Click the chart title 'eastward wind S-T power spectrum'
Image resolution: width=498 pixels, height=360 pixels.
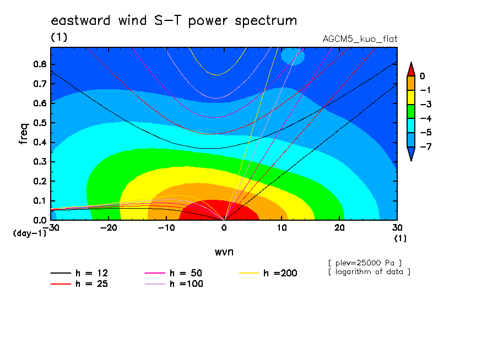(x=174, y=20)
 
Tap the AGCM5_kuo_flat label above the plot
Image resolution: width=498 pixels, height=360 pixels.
(x=360, y=39)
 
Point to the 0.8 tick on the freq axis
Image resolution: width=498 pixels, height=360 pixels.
(x=40, y=64)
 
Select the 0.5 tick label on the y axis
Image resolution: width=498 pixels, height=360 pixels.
(x=40, y=123)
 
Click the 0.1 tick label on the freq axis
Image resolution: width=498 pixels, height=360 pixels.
(x=40, y=201)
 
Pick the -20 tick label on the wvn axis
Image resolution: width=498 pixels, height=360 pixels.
(x=109, y=228)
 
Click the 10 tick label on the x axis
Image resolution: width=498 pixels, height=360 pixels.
(x=282, y=228)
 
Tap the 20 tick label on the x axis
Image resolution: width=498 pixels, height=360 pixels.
(x=339, y=228)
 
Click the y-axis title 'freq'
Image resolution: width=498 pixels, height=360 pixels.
(x=24, y=134)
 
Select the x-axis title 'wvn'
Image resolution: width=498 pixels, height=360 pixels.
(x=224, y=252)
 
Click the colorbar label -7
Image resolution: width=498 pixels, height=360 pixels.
(x=426, y=146)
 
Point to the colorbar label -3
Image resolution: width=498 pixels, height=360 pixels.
(x=426, y=105)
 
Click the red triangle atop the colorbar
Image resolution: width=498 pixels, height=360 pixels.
(x=411, y=69)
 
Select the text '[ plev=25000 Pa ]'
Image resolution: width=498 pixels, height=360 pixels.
(x=365, y=263)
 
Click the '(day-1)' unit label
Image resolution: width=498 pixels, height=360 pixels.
(x=30, y=233)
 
